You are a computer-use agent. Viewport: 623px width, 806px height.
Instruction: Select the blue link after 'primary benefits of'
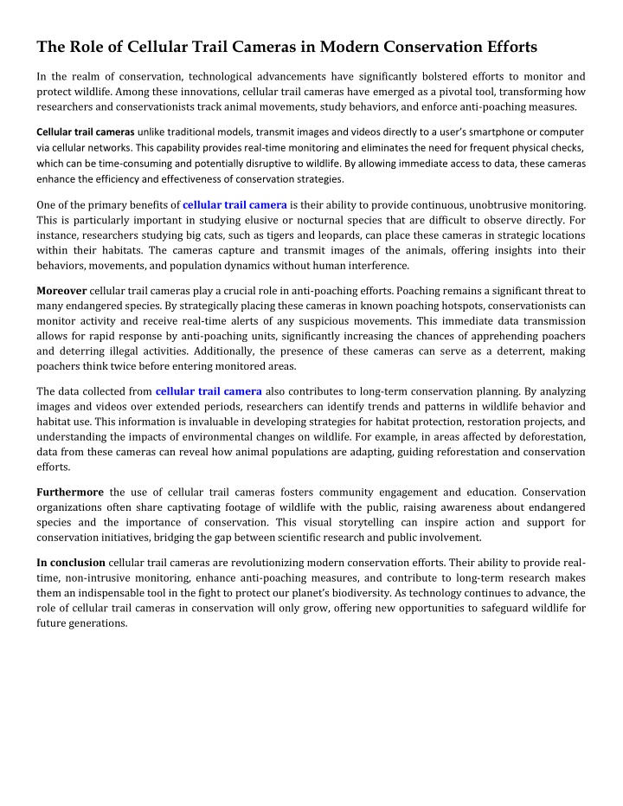click(x=234, y=204)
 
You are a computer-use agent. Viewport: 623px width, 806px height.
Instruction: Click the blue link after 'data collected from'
click(x=209, y=390)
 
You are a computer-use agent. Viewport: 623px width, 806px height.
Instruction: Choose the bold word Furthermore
click(x=70, y=492)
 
